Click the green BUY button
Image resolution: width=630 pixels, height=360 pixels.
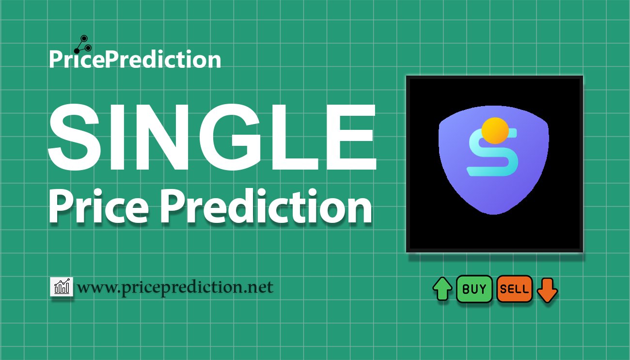click(x=474, y=289)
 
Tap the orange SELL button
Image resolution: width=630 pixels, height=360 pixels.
click(x=515, y=289)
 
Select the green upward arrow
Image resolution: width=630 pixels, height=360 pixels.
click(x=442, y=289)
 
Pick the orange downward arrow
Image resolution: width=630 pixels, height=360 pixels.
click(x=547, y=290)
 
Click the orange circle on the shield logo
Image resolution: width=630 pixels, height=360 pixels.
click(x=495, y=131)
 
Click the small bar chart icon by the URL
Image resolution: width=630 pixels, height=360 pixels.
click(x=62, y=286)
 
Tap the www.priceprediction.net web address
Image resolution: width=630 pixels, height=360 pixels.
click(x=175, y=287)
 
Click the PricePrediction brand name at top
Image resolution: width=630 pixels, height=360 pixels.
click(x=135, y=59)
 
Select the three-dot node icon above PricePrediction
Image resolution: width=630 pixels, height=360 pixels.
click(x=83, y=45)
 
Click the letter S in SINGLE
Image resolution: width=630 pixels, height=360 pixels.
click(x=75, y=137)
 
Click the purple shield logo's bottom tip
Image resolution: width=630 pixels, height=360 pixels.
click(x=494, y=214)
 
